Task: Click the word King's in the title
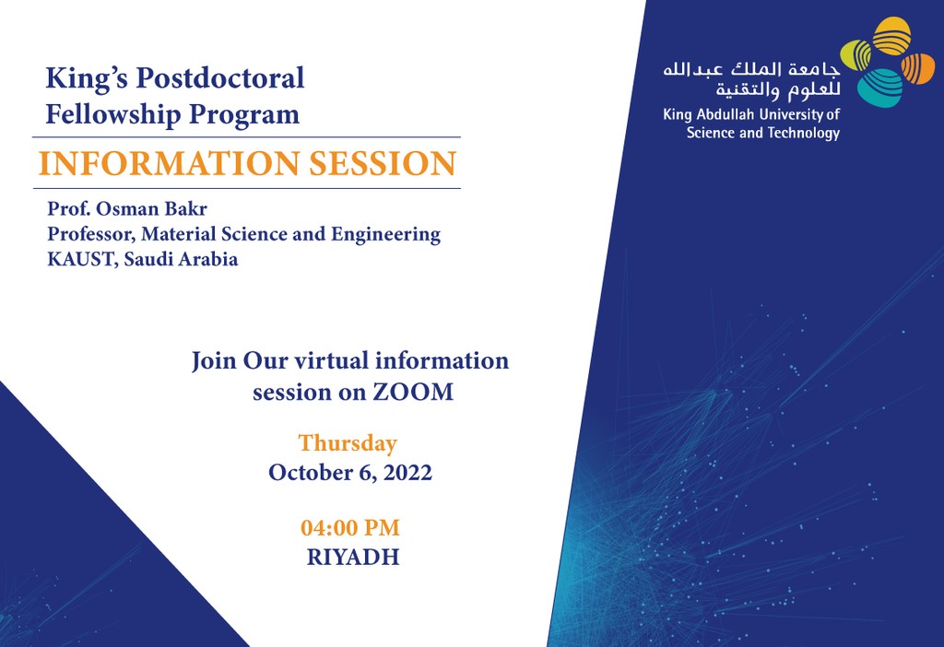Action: coord(87,79)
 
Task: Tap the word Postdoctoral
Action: coord(220,77)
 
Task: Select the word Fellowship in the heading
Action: coord(113,114)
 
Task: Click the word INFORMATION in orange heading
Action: coord(170,163)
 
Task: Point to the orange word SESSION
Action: coord(383,163)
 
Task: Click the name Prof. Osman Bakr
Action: coord(127,209)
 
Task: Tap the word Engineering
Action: coord(386,235)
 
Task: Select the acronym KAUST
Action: coord(82,259)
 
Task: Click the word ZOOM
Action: coord(413,392)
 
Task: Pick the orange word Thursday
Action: coord(348,443)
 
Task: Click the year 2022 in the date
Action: coord(408,473)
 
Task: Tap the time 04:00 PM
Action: coord(350,528)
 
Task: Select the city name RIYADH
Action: coord(353,558)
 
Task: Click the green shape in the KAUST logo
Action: coord(856,54)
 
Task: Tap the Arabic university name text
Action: coord(751,79)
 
